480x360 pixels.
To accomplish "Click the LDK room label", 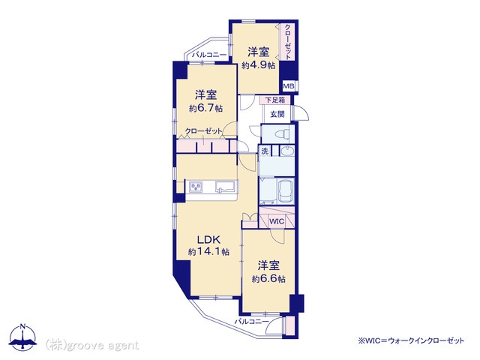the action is [208, 239].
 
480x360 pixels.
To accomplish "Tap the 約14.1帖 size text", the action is [208, 252].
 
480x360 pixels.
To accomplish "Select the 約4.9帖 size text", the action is [258, 65].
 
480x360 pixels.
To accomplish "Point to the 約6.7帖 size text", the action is [205, 108].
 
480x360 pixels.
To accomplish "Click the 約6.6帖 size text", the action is [268, 279].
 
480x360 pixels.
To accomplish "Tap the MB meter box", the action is [288, 86].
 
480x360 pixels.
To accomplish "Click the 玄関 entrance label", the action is [277, 114].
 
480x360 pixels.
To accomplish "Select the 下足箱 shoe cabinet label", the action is [275, 100].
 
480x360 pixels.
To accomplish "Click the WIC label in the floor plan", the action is [277, 221].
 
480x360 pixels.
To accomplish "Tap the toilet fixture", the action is [282, 134].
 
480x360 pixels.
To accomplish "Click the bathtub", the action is [285, 191].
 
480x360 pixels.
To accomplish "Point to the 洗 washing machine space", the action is [265, 151].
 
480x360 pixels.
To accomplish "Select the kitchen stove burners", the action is [196, 187].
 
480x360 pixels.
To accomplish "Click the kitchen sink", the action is [225, 186].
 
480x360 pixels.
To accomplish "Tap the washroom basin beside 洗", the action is [287, 151].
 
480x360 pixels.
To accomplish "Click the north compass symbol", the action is [22, 337].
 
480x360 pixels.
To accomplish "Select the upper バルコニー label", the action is [209, 55].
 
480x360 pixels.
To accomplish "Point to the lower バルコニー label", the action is [251, 322].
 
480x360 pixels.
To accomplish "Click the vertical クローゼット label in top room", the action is [288, 42].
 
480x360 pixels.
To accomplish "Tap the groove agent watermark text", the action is [92, 345].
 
